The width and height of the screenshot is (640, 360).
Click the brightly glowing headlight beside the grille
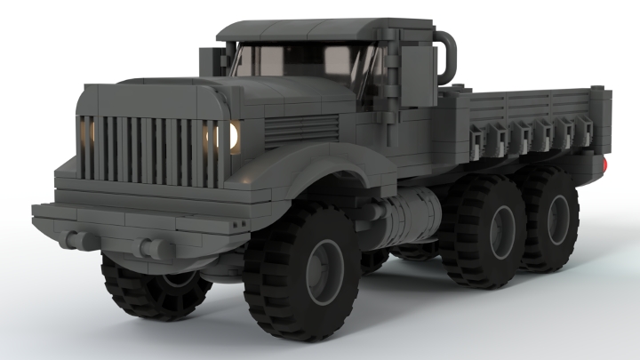(233, 136)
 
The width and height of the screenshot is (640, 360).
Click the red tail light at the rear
(604, 164)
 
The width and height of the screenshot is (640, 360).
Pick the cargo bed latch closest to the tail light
(585, 132)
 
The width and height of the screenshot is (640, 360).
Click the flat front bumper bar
(133, 222)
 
